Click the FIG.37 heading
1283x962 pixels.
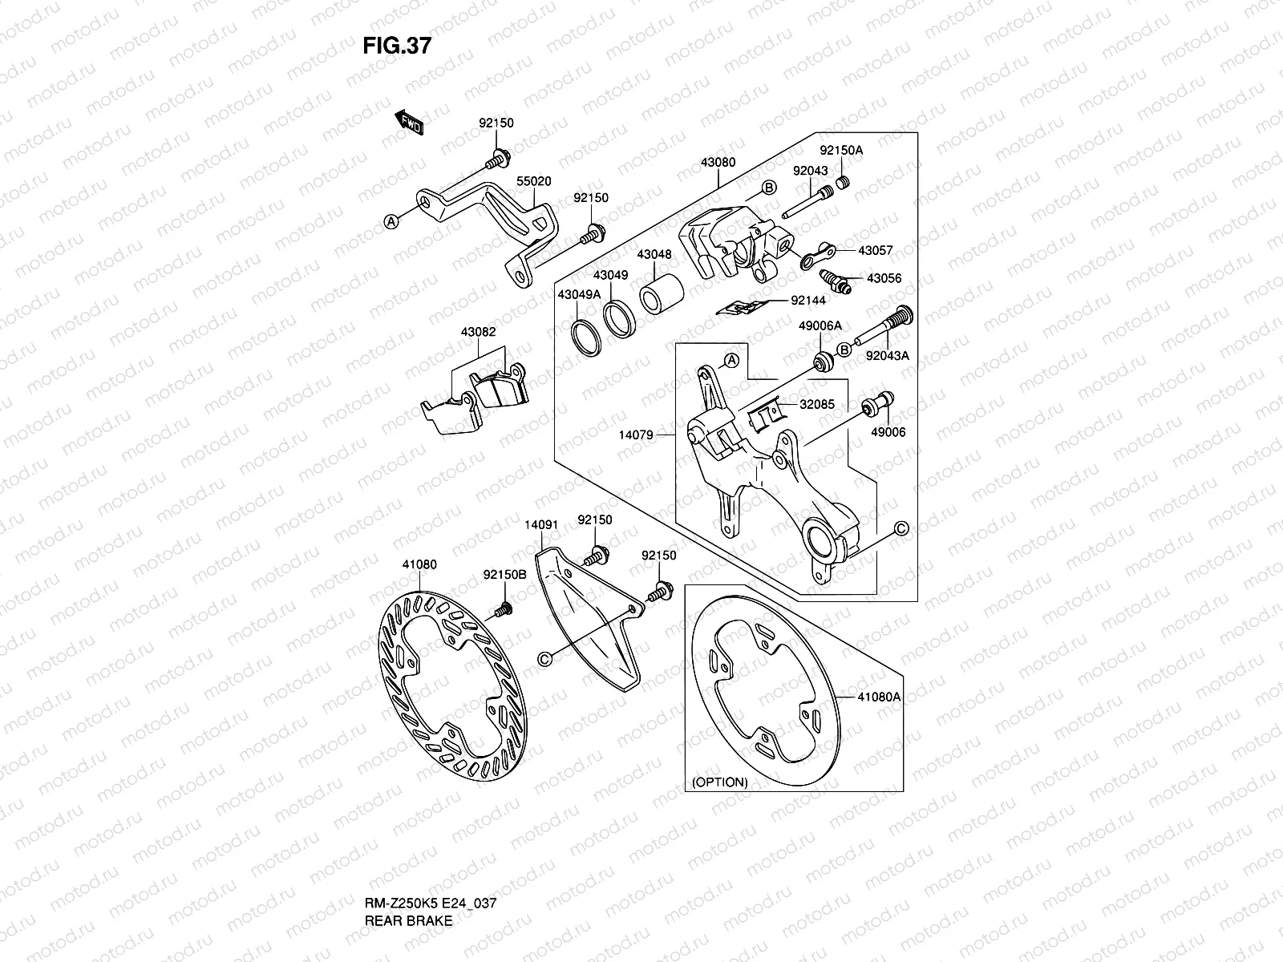click(397, 46)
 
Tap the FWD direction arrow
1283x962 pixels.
click(409, 123)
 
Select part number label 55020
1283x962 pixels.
click(533, 182)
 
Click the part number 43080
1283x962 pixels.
click(718, 162)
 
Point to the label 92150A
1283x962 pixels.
click(841, 151)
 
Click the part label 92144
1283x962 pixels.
click(807, 301)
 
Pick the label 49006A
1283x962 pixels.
click(820, 325)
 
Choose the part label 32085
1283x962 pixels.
click(816, 405)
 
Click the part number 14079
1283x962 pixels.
click(636, 435)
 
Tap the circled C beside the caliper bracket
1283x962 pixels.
click(901, 528)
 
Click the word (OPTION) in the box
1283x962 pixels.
click(718, 782)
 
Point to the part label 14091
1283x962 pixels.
click(541, 525)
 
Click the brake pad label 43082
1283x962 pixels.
click(478, 331)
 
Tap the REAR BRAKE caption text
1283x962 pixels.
click(408, 875)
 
